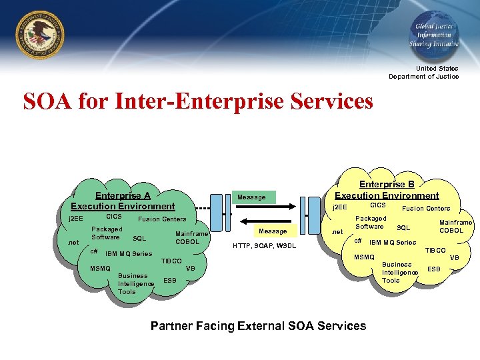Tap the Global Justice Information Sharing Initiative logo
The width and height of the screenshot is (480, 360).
point(433,35)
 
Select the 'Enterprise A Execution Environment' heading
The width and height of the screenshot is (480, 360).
point(123,201)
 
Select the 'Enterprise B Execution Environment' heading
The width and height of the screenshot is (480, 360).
point(387,189)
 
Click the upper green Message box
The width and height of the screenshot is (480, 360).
point(251,197)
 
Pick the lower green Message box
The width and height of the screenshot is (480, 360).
point(273,231)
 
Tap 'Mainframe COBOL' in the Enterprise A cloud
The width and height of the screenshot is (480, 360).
point(191,237)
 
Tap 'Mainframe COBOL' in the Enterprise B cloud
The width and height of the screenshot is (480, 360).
point(455,227)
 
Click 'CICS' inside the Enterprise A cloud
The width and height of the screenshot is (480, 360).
point(113,217)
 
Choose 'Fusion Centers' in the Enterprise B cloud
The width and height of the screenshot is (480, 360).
point(425,208)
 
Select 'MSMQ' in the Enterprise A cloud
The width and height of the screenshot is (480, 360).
point(100,269)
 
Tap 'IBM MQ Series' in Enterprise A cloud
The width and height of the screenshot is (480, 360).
point(129,253)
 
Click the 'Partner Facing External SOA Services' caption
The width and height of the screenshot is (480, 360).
point(258,326)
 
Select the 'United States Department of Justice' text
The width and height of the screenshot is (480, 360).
point(424,72)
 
